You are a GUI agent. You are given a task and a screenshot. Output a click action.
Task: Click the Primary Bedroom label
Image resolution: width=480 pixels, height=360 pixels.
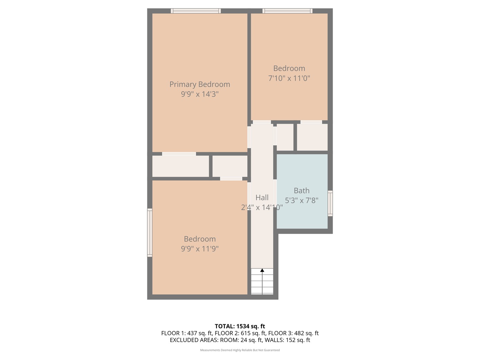(x=200, y=84)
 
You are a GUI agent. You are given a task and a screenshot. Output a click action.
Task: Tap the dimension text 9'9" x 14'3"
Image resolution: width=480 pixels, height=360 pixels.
(x=200, y=94)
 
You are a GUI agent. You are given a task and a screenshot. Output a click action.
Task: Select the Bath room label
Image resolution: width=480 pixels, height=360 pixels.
(x=302, y=191)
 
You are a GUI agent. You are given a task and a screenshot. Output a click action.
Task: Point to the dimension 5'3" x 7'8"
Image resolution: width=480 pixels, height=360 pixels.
(x=302, y=200)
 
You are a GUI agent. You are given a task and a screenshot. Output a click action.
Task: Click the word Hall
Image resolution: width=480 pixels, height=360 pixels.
(x=262, y=198)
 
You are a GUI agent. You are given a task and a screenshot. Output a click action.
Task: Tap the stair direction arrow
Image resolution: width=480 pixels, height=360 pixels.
(x=262, y=270)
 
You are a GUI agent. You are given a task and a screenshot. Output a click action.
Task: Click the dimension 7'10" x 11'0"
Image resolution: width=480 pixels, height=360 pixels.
(x=289, y=78)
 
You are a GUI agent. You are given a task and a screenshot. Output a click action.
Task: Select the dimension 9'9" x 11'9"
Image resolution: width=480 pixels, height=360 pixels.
(x=200, y=249)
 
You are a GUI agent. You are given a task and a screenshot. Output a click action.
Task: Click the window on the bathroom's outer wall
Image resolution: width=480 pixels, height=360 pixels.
(x=330, y=203)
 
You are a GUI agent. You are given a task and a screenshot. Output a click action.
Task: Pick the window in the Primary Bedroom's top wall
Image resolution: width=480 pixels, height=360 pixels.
(x=196, y=11)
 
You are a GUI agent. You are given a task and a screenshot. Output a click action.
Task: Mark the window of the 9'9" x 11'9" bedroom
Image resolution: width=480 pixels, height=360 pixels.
(x=150, y=233)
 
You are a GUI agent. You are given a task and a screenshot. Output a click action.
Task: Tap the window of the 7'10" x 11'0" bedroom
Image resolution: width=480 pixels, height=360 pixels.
(x=287, y=11)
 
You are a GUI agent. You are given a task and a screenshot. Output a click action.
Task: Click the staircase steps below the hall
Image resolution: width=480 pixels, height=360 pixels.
(x=262, y=283)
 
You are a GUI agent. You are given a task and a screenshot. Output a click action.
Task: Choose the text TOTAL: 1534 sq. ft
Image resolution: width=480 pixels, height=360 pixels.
(x=240, y=326)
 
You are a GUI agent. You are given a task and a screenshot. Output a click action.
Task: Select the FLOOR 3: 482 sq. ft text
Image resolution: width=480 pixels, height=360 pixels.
(x=293, y=333)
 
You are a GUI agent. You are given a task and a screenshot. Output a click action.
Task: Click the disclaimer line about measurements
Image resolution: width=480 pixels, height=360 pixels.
(x=240, y=350)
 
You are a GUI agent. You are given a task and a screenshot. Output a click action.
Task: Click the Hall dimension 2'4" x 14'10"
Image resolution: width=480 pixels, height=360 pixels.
(x=262, y=207)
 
